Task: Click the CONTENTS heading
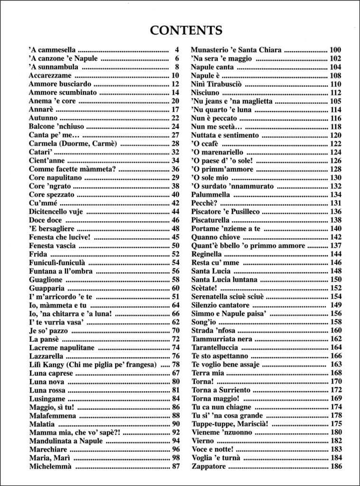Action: [186, 30]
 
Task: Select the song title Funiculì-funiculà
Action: [57, 262]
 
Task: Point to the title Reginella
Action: [207, 254]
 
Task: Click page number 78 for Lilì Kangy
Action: [175, 364]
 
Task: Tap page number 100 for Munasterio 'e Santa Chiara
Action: [335, 50]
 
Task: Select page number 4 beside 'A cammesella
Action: [177, 50]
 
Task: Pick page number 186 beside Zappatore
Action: [335, 467]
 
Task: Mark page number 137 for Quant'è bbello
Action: [335, 245]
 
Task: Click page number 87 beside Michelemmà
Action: [175, 467]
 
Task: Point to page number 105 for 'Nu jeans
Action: [335, 101]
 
